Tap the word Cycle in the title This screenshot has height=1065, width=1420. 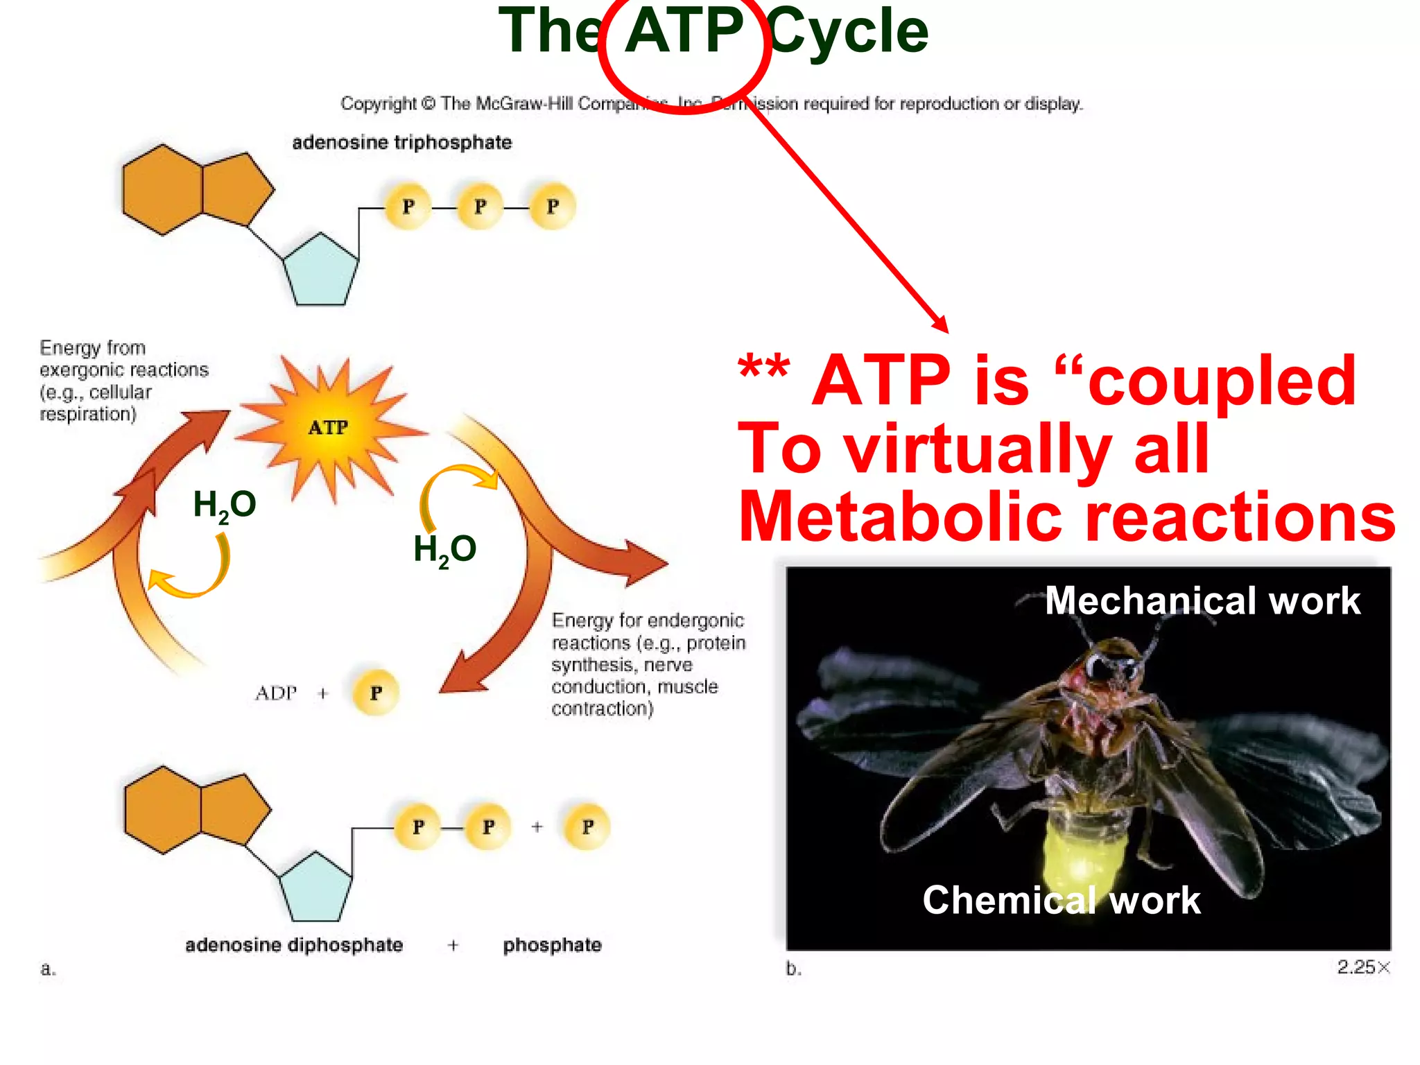tap(849, 32)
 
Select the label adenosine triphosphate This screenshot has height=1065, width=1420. tap(401, 142)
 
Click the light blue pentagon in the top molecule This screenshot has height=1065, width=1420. tap(321, 270)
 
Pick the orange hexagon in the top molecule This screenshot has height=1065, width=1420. tap(163, 189)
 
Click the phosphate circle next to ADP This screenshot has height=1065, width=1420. tap(376, 693)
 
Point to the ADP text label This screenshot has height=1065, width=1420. tap(276, 693)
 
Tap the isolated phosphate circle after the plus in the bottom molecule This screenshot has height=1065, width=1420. tap(587, 826)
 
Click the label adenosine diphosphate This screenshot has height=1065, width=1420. tap(294, 945)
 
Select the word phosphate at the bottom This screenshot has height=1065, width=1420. tap(552, 945)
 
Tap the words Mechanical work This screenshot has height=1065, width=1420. tap(1202, 600)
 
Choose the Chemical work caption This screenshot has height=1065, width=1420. tap(1061, 900)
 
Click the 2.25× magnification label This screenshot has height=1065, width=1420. tap(1363, 967)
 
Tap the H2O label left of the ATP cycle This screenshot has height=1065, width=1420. tap(224, 505)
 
